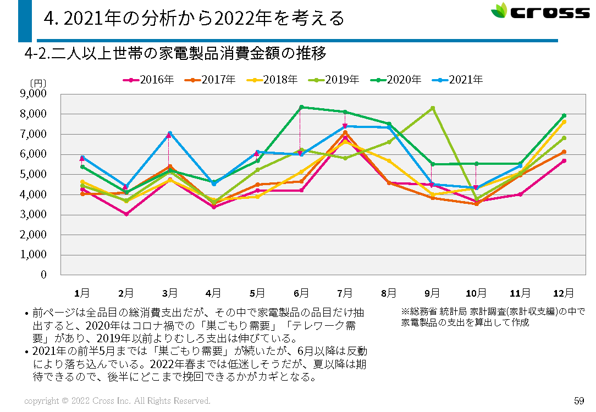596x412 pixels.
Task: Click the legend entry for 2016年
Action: (x=148, y=80)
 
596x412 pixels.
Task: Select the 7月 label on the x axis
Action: (x=345, y=293)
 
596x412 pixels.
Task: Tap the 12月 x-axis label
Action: (x=564, y=293)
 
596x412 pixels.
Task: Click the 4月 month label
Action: (x=213, y=293)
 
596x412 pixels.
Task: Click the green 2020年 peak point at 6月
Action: (x=301, y=107)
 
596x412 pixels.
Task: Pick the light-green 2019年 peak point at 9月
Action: (x=433, y=108)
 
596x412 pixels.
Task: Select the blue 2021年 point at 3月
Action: (x=170, y=133)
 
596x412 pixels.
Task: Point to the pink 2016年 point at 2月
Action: (x=126, y=214)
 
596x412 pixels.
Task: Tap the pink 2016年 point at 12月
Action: (x=564, y=160)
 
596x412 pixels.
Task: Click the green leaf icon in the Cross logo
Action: (x=499, y=11)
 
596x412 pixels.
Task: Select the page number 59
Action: (x=578, y=400)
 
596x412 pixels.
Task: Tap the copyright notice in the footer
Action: (x=117, y=401)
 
